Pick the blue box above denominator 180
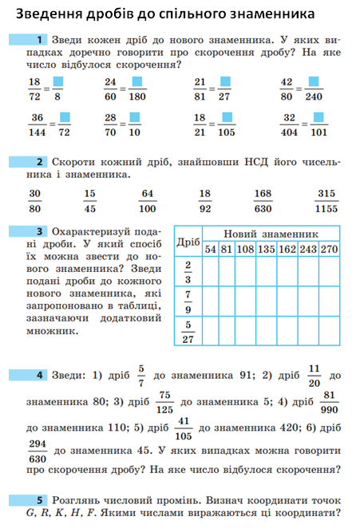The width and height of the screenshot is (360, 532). (x=137, y=82)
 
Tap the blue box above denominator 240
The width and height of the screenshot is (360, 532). (x=315, y=82)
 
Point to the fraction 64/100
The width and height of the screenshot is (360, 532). (x=147, y=201)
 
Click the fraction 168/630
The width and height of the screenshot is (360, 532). (x=263, y=201)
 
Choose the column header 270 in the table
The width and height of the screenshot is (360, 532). (x=329, y=249)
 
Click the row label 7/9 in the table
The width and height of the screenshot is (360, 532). (x=188, y=301)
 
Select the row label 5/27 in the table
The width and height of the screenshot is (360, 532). (x=188, y=331)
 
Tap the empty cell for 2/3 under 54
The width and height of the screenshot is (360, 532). (x=211, y=272)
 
